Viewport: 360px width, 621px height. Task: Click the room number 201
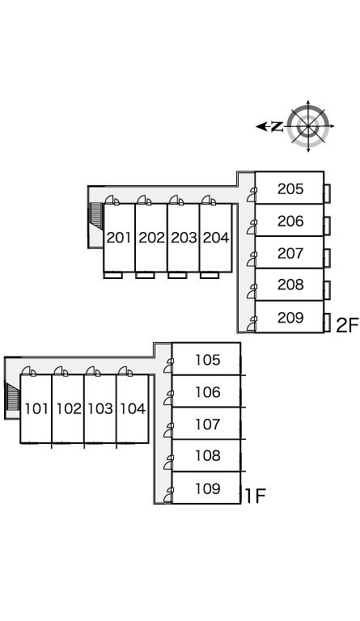118,238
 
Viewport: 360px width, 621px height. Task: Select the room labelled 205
290,189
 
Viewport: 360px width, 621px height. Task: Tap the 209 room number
290,317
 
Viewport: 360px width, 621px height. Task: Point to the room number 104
133,408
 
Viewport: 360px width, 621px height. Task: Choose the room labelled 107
208,425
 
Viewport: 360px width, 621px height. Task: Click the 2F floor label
347,325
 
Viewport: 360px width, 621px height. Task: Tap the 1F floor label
256,496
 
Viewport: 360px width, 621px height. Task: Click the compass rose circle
308,126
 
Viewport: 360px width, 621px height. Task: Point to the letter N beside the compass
277,127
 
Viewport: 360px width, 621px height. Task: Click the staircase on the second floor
96,216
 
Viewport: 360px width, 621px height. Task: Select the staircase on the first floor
13,397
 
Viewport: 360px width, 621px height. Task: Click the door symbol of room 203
176,201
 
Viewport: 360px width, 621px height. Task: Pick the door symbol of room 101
28,371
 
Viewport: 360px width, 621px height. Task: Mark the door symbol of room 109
168,495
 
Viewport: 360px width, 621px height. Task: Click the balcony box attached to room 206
327,226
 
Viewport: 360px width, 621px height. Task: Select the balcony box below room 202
145,275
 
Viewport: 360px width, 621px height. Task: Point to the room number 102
69,408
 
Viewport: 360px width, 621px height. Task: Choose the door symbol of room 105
168,365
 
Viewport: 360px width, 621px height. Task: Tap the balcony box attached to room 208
327,290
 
